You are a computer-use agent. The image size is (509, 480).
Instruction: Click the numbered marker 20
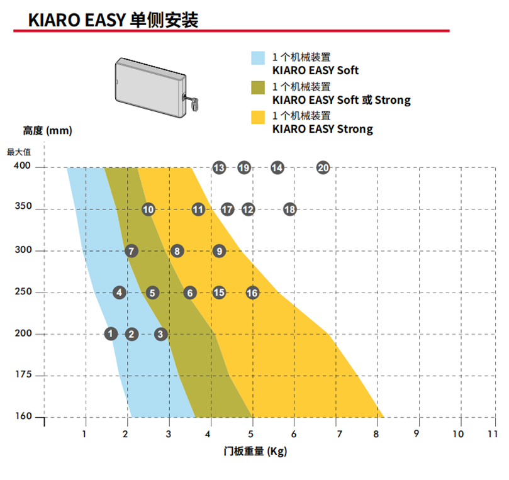coord(323,167)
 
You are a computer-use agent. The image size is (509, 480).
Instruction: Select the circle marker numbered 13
coord(219,167)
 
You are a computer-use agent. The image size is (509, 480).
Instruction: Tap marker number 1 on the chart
coord(111,333)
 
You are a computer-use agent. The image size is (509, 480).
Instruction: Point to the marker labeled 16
coord(252,293)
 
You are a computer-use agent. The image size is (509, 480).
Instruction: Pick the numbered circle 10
coord(148,209)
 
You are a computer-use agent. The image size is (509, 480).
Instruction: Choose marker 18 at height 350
coord(289,209)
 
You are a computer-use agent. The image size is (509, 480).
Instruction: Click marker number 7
coord(131,251)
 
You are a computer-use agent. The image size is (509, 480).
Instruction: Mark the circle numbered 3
coord(161,333)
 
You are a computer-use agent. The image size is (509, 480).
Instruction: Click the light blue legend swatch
coord(259,58)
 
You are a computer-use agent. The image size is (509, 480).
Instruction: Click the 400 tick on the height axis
coord(22,167)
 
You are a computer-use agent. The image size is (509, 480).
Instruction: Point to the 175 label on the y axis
coord(22,375)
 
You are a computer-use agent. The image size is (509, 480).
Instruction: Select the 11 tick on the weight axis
coord(492,434)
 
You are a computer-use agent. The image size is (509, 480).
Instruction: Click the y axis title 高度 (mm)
coord(47,131)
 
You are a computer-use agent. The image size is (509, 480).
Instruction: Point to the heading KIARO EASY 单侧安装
coord(113,20)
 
